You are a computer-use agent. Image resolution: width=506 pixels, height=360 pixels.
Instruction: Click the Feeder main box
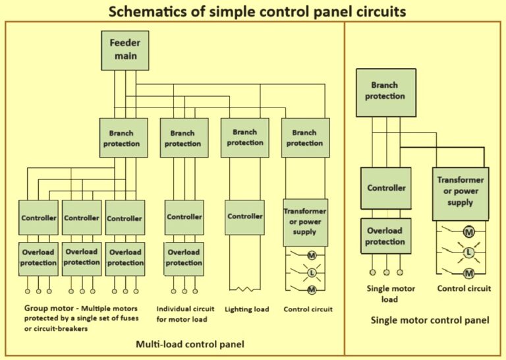(125, 50)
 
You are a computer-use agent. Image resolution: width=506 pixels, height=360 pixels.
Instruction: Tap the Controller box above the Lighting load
(245, 216)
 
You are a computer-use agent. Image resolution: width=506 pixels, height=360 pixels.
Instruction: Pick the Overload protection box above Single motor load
(385, 237)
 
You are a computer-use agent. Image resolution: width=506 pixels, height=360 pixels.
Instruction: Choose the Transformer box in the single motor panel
(460, 191)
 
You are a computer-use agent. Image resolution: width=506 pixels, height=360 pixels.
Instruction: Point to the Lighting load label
(246, 309)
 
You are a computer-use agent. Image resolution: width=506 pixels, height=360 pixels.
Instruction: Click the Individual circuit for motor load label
(183, 314)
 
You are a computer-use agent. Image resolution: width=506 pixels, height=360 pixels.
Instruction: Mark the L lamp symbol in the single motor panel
(469, 253)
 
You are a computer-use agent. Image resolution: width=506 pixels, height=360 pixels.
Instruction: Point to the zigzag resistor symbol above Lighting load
(245, 289)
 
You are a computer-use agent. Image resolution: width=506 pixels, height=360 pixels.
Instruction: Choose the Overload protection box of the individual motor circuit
(184, 258)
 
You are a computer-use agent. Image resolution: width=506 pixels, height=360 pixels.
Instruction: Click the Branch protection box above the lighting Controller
(244, 138)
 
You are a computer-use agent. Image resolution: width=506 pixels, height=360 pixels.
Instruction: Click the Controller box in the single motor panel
(386, 188)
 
